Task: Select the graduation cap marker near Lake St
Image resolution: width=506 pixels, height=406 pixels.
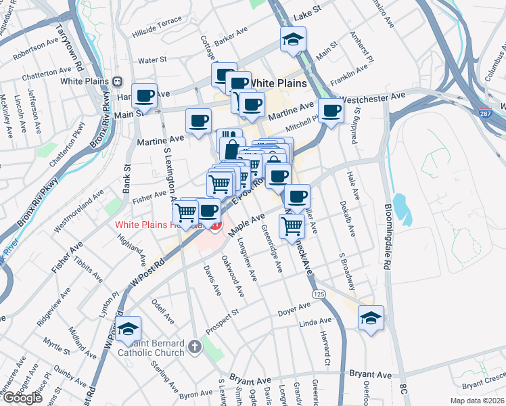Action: pyautogui.click(x=293, y=39)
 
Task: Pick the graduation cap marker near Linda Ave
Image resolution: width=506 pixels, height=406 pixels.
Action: pyautogui.click(x=371, y=318)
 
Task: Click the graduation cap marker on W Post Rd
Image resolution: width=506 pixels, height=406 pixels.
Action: pyautogui.click(x=128, y=329)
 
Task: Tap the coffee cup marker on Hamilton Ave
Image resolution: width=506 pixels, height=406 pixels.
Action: pyautogui.click(x=144, y=96)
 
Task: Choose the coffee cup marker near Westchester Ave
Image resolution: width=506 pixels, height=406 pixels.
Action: pyautogui.click(x=330, y=110)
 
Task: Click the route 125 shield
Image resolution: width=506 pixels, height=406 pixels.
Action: pyautogui.click(x=320, y=294)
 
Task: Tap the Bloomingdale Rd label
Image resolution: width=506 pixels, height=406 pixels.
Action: pyautogui.click(x=388, y=236)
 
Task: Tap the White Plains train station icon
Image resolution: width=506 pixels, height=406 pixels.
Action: pyautogui.click(x=117, y=81)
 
